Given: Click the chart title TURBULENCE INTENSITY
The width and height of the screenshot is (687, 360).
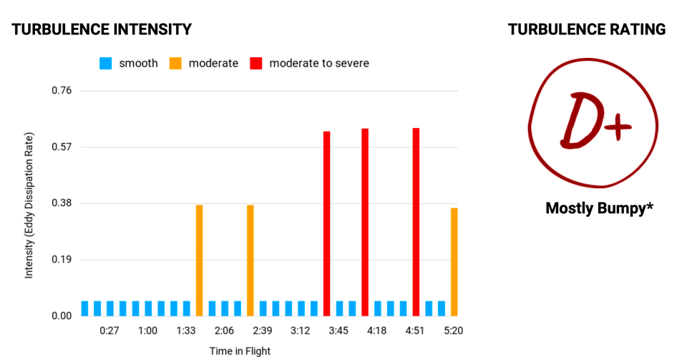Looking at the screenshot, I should (x=102, y=29).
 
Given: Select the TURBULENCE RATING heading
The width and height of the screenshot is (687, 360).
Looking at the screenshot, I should (x=587, y=29).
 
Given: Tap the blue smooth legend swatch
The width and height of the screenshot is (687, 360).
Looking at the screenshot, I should (x=106, y=64).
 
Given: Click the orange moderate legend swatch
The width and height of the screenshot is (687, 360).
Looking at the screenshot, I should (x=175, y=64).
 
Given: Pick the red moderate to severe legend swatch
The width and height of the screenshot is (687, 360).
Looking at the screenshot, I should (x=256, y=64).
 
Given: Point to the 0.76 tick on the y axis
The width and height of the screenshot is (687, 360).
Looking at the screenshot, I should (x=61, y=91).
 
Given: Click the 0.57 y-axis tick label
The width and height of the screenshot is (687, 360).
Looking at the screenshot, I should (x=61, y=147).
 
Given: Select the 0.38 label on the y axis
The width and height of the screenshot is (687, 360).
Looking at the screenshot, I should (x=61, y=203).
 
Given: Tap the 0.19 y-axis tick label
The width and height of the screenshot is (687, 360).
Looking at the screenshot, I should (x=61, y=260).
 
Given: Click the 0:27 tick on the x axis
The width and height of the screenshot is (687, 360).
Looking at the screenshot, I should (x=109, y=331).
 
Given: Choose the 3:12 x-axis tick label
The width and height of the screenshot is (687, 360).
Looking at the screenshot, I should (x=301, y=331).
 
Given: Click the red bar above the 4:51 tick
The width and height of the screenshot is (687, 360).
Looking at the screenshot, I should (x=416, y=222).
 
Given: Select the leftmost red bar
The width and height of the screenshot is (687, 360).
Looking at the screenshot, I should (x=326, y=223).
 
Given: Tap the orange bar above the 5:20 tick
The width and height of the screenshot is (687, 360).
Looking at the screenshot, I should (x=454, y=261).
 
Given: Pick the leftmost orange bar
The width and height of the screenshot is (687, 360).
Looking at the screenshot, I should (x=199, y=260).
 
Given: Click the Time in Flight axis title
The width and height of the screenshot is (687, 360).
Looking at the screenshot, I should (x=240, y=351).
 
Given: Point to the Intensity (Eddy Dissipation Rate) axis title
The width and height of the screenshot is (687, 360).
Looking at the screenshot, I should (x=29, y=205).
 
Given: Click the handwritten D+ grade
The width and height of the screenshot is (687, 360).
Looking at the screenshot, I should (x=593, y=122).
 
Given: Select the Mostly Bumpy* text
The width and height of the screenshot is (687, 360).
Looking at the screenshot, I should (x=599, y=208).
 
